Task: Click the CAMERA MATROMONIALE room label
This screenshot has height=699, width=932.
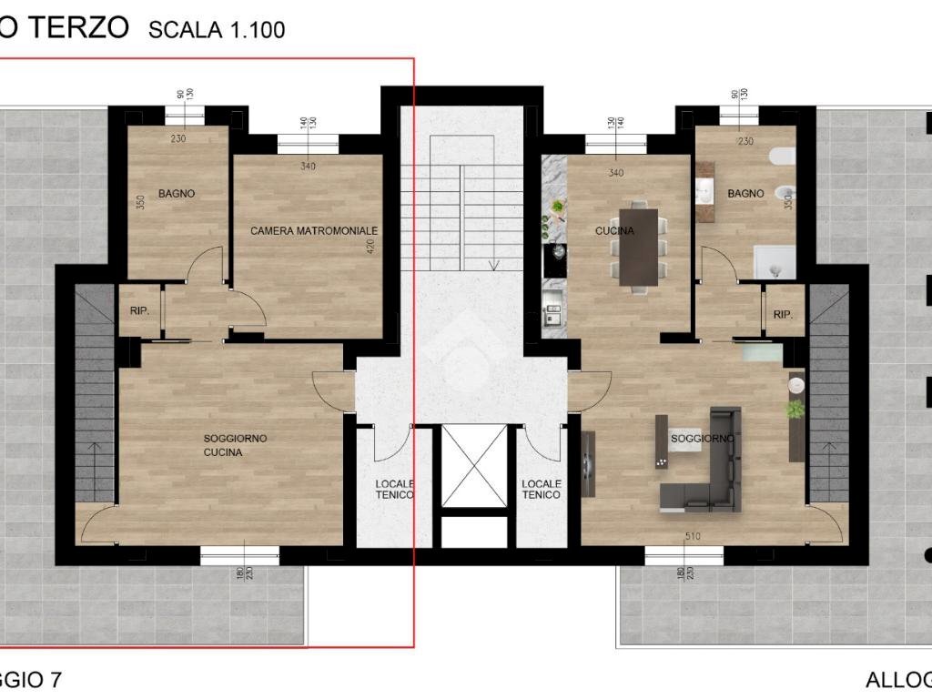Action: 313,231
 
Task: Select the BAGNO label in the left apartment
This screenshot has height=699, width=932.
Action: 177,194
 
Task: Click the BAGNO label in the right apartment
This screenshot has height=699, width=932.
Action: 745,194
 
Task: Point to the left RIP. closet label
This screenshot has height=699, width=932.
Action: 139,310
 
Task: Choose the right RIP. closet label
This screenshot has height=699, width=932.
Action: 783,314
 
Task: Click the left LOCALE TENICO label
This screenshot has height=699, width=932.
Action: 395,489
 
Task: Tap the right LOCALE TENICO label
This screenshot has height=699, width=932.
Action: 541,489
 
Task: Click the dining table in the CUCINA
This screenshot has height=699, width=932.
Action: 638,248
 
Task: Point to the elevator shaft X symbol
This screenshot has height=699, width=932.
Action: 473,465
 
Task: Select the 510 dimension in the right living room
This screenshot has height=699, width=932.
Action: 693,537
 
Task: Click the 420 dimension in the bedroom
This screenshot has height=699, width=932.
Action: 371,248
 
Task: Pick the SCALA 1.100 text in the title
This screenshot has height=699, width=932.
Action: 217,30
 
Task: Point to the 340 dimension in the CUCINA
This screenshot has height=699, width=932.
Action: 616,174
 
